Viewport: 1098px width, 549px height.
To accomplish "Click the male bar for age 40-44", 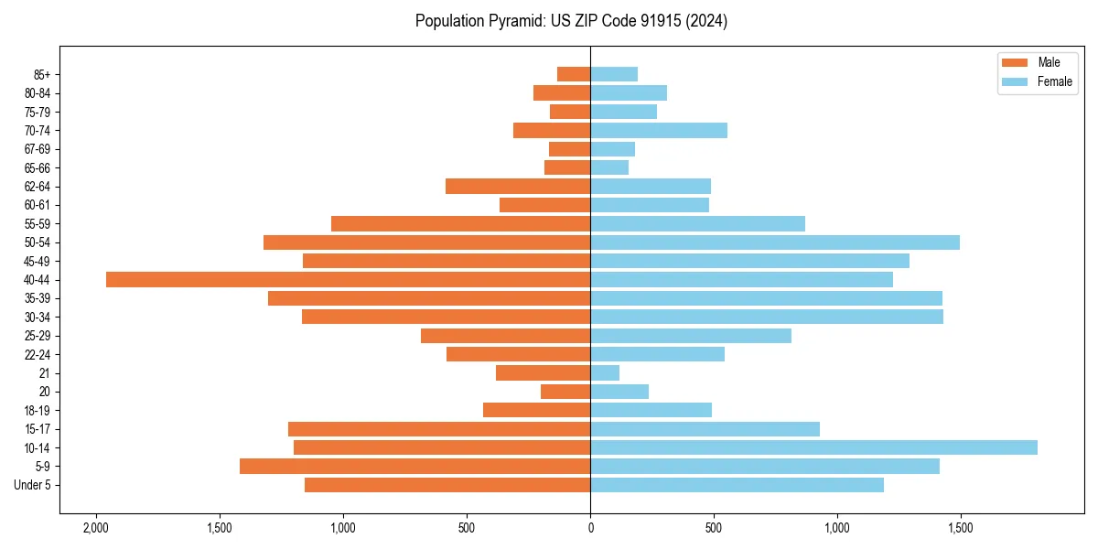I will pos(348,280).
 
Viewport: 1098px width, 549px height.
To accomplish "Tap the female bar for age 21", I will pos(605,373).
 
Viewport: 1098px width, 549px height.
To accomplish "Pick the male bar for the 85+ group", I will pos(574,74).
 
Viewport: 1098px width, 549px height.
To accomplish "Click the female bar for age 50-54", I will pos(775,242).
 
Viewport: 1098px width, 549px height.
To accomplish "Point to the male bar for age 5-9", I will pos(414,467).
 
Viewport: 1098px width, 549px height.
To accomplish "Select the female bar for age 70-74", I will pos(659,131).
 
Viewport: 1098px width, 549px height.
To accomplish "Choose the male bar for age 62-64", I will pos(518,187).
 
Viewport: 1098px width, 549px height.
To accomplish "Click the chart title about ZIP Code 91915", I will pos(571,21).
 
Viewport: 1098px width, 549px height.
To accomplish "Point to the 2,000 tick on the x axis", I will pos(95,529).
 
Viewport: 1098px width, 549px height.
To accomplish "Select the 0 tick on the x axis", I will pos(590,529).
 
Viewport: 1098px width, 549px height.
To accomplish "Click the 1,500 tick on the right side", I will pos(960,529).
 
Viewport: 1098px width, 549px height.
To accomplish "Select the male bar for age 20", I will pos(565,392).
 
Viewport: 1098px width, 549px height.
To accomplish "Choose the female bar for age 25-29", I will pos(691,336).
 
